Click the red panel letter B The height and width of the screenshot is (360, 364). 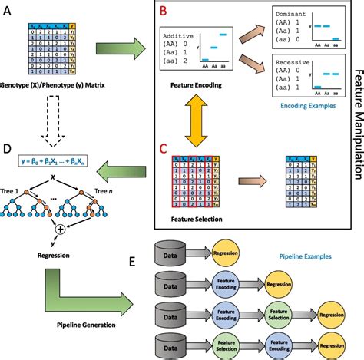click(x=162, y=12)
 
